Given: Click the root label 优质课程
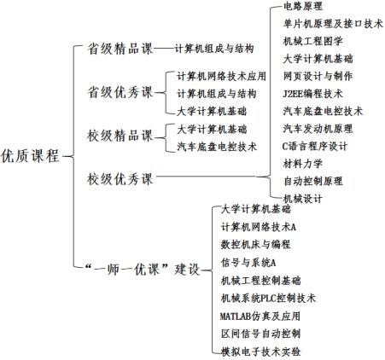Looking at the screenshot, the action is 30,156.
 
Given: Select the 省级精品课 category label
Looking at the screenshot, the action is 120,49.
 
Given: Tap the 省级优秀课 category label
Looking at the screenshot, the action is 120,92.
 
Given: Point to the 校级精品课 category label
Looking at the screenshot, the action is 120,136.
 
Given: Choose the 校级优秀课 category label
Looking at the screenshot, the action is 120,179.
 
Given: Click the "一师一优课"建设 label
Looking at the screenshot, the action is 143,269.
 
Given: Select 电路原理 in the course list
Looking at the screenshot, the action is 303,6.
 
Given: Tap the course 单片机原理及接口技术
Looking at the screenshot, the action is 333,24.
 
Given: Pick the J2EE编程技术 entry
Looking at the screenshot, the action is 312,94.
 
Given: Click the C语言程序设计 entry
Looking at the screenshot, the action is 315,146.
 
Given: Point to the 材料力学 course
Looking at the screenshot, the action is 303,164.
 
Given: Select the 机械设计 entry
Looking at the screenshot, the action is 303,199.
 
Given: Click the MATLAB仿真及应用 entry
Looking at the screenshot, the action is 260,316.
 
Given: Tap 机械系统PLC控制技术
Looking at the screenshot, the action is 268,298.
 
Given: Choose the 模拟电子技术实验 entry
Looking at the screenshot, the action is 260,351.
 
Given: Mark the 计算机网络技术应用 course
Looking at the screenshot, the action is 221,76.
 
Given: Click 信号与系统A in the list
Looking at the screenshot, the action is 248,263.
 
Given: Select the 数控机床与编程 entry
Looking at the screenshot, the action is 255,245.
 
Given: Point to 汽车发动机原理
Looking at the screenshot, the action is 318,129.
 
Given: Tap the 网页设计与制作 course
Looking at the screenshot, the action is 318,76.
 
